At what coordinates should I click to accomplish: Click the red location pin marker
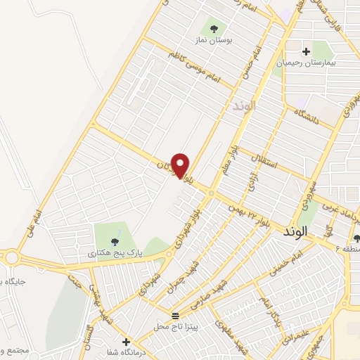pyautogui.click(x=181, y=166)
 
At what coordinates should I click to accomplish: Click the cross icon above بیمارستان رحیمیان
pyautogui.click(x=306, y=51)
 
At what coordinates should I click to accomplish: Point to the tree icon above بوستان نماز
pyautogui.click(x=226, y=27)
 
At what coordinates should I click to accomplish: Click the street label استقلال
pyautogui.click(x=267, y=160)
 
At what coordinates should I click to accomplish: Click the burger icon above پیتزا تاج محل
pyautogui.click(x=176, y=315)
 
